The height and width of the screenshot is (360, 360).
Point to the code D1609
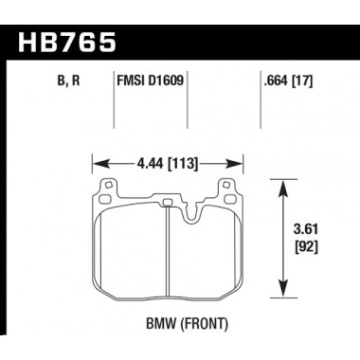pos(167,81)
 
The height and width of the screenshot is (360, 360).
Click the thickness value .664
pos(274,81)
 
